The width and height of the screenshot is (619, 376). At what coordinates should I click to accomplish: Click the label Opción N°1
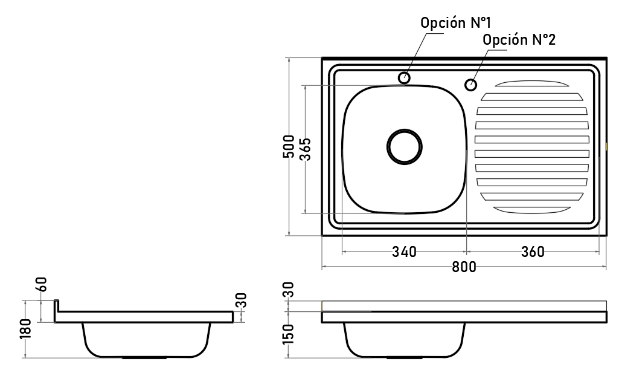click(x=455, y=22)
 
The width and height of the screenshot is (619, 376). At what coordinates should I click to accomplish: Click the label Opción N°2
click(x=519, y=39)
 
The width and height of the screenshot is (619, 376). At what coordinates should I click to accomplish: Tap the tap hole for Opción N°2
click(x=470, y=85)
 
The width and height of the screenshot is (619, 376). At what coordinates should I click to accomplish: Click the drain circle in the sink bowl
click(x=404, y=129)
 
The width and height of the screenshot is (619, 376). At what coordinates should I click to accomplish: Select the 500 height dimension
click(x=289, y=146)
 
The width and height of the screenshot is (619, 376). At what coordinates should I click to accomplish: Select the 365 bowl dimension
click(x=305, y=149)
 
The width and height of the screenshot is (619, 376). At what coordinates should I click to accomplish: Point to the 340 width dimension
click(x=404, y=251)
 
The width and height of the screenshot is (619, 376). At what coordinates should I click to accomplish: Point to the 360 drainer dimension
click(x=533, y=251)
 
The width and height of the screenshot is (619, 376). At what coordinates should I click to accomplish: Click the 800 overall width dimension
click(x=464, y=267)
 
